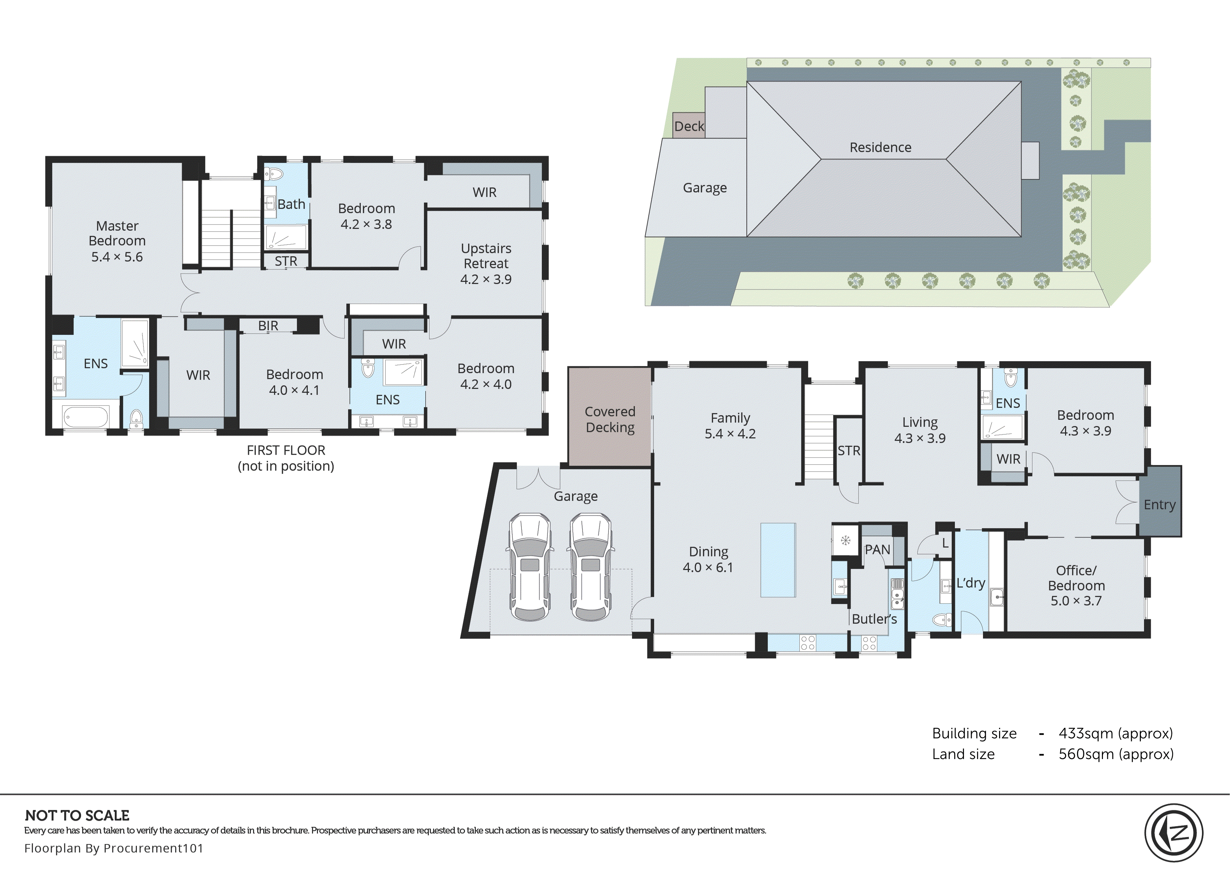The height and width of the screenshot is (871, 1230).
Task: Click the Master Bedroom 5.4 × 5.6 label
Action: click(117, 241)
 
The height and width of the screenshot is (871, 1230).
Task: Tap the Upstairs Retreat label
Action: click(486, 263)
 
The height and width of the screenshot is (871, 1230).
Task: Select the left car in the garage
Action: click(530, 567)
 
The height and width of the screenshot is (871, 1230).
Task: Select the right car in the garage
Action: click(591, 567)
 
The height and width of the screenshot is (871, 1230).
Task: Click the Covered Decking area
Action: click(610, 419)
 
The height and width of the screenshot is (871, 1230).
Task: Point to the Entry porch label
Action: click(1159, 504)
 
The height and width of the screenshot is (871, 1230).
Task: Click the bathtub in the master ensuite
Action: click(86, 416)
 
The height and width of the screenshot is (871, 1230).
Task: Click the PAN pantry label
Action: click(877, 549)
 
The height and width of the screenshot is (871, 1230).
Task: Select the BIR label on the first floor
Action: click(268, 326)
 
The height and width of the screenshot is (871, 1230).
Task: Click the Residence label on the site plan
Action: click(880, 147)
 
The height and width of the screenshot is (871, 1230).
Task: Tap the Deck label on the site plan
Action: click(689, 126)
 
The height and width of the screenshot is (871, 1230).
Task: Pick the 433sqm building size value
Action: click(1115, 733)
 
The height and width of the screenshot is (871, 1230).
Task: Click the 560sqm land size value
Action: click(1115, 754)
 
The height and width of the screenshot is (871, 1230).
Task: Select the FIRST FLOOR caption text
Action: click(286, 450)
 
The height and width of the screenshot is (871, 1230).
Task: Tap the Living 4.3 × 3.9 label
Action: click(919, 430)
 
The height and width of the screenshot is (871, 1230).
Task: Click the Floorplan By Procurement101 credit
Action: click(114, 848)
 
